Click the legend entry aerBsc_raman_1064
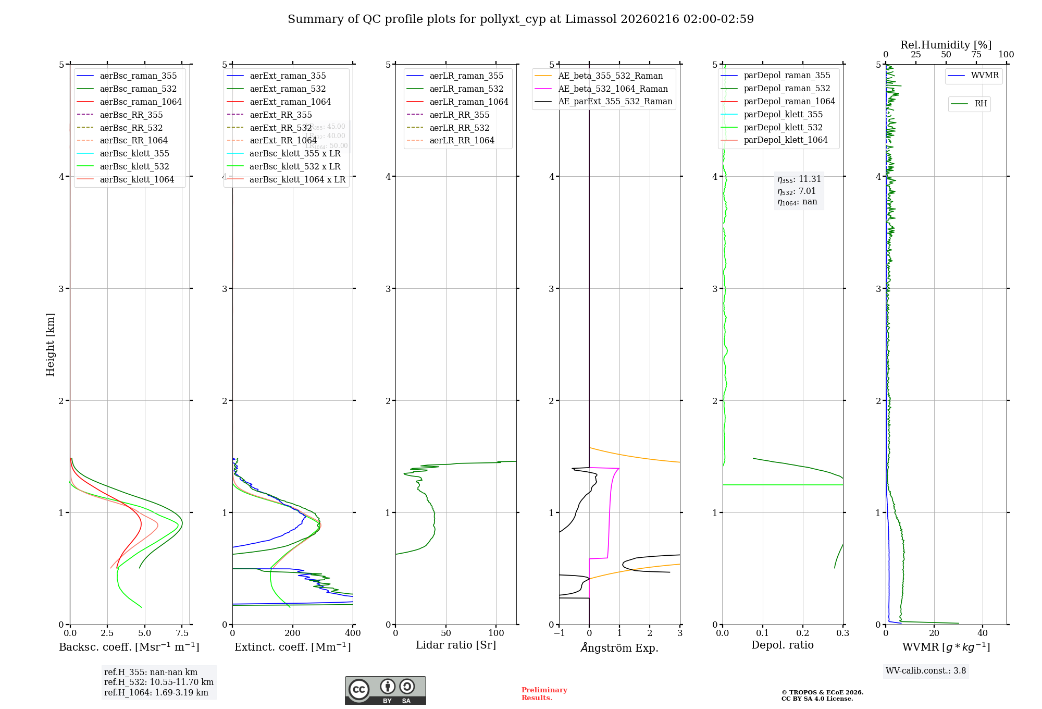[141, 102]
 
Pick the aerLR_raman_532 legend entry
[466, 89]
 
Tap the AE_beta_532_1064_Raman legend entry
[613, 89]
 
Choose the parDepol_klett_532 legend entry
[783, 128]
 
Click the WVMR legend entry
[985, 76]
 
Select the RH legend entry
[981, 104]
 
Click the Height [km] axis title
[50, 344]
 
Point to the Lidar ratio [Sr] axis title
[456, 645]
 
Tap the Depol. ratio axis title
[782, 645]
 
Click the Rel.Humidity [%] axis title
[946, 45]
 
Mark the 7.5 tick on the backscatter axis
[182, 633]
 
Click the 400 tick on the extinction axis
[353, 633]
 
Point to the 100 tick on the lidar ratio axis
[496, 633]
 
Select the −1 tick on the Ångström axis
[559, 633]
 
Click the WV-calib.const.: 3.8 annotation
[925, 671]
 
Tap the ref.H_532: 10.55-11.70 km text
[158, 682]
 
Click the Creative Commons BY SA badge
[385, 690]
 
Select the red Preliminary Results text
[544, 694]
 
